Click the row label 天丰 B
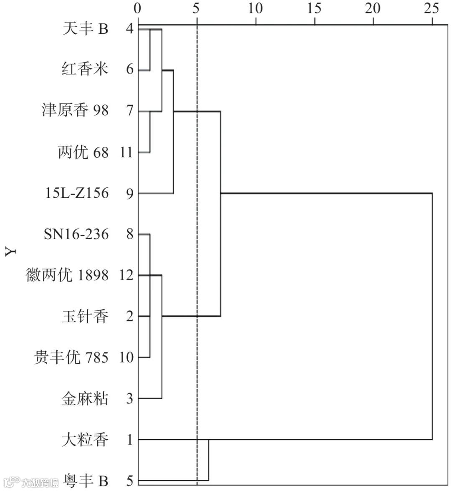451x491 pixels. (x=85, y=29)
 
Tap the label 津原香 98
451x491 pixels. (x=75, y=111)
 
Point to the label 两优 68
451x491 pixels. (x=83, y=152)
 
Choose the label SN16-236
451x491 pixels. (x=76, y=234)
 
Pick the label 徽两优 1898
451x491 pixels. (x=67, y=275)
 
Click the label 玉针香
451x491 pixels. (x=85, y=317)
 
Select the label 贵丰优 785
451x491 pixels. (x=71, y=358)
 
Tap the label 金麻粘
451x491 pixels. (x=85, y=399)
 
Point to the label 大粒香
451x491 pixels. (x=85, y=440)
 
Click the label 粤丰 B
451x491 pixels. (x=85, y=481)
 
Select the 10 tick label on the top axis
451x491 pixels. (x=255, y=8)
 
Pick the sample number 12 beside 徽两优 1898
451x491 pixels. (x=126, y=276)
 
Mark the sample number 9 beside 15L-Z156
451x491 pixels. (x=129, y=194)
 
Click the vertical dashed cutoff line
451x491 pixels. (x=197, y=250)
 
